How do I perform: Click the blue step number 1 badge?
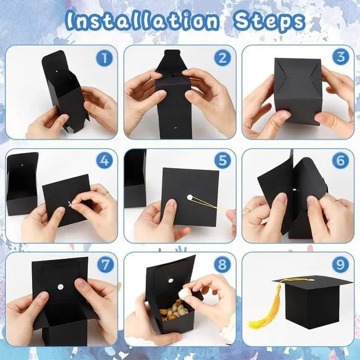click(x=104, y=58)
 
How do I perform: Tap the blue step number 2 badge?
click(x=223, y=58)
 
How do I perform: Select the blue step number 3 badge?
click(x=341, y=57)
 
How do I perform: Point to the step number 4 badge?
click(x=105, y=160)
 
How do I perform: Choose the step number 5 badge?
click(x=223, y=160)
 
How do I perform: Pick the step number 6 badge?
click(x=341, y=160)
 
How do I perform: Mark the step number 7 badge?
click(x=106, y=264)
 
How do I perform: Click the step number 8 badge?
click(x=222, y=264)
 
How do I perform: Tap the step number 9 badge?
click(x=341, y=264)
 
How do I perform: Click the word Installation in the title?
click(x=142, y=21)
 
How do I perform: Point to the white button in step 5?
click(x=190, y=197)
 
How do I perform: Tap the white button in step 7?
click(x=61, y=287)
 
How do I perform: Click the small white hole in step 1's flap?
click(x=57, y=71)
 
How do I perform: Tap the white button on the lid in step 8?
click(x=170, y=281)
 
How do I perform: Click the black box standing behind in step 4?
click(x=22, y=184)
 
